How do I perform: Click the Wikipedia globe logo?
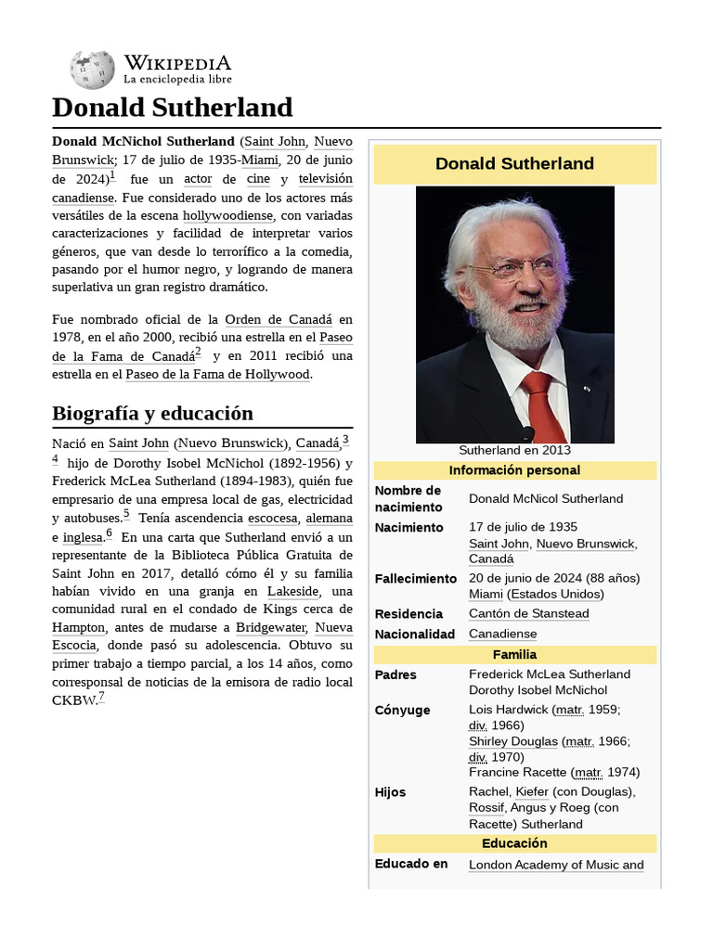click(x=92, y=70)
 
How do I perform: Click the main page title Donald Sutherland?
click(x=172, y=108)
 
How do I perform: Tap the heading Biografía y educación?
click(x=152, y=413)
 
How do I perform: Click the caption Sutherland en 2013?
click(x=514, y=450)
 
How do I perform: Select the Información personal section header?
click(x=514, y=470)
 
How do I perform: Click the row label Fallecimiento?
click(x=416, y=578)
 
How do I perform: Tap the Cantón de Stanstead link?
click(x=528, y=613)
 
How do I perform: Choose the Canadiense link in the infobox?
click(x=502, y=634)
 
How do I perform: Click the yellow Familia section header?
click(x=514, y=654)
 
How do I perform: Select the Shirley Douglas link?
click(x=513, y=741)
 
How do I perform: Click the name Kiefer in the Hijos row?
click(x=532, y=791)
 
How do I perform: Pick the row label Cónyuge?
click(x=402, y=710)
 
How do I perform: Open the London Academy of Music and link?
click(x=556, y=865)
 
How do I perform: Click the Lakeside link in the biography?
click(x=292, y=591)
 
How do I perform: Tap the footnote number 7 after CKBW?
click(x=101, y=697)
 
